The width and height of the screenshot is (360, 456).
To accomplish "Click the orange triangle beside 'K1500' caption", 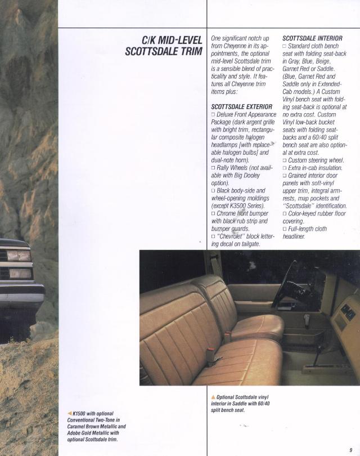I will tap(69, 414).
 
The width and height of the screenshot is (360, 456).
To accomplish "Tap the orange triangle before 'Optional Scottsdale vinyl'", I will tap(213, 397).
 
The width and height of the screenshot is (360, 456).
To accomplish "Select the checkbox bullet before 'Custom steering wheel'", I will tap(285, 160).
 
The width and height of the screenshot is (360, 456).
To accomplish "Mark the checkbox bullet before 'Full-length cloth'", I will tap(285, 229).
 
